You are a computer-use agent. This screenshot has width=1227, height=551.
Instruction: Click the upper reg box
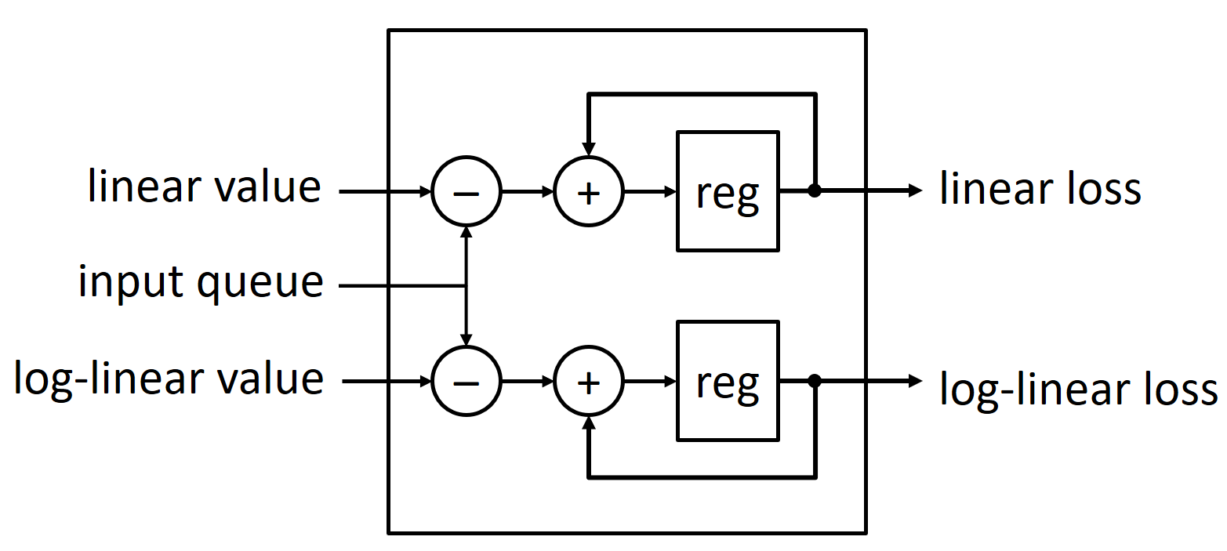[x=728, y=191]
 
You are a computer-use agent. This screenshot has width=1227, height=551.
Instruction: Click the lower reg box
[x=728, y=381]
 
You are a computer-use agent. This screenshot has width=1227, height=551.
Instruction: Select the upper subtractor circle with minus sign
[x=466, y=191]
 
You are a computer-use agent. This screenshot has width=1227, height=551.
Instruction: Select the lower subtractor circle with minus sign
[x=466, y=382]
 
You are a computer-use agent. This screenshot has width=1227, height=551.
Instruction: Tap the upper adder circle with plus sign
[x=588, y=191]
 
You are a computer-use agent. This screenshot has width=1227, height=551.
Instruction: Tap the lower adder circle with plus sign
[x=588, y=382]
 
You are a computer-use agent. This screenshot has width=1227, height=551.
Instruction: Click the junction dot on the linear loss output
[x=815, y=190]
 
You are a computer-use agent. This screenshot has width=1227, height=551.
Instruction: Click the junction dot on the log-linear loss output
[x=815, y=381]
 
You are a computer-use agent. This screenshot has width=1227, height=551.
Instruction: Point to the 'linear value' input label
[x=204, y=188]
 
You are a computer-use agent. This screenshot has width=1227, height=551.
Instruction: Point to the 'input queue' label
[x=201, y=282]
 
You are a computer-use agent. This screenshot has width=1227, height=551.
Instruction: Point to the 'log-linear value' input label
[x=169, y=379]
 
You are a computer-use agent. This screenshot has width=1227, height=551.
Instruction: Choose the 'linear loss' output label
[x=1040, y=190]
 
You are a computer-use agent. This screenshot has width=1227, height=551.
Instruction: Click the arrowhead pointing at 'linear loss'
[x=915, y=190]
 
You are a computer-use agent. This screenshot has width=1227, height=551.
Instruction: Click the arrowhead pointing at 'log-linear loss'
[x=915, y=381]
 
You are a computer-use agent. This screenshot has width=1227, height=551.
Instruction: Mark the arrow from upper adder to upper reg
[x=649, y=191]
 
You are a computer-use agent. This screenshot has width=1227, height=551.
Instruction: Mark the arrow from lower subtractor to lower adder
[x=527, y=382]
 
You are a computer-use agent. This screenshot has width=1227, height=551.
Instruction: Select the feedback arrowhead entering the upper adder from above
[x=588, y=150]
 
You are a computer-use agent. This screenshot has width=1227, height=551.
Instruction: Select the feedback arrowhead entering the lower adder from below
[x=588, y=423]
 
